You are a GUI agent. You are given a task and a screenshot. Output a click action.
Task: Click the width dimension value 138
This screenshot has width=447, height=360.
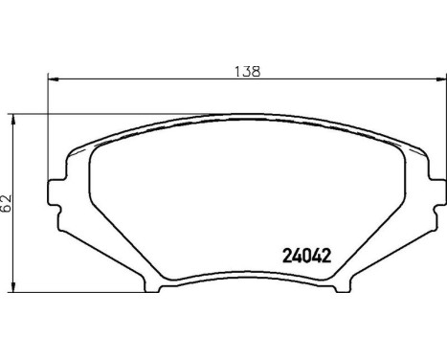tap(247, 71)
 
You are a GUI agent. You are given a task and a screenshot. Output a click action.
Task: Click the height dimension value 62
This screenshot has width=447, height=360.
tap(8, 200)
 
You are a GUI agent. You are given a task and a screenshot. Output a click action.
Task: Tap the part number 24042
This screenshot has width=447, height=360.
tap(309, 256)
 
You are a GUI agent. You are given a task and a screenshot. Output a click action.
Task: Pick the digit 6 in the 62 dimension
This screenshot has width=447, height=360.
tap(8, 206)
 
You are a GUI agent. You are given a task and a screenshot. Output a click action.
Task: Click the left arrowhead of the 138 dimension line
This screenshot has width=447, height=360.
tap(51, 79)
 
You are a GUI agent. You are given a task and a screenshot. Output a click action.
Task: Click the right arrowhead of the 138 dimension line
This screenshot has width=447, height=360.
tap(442, 79)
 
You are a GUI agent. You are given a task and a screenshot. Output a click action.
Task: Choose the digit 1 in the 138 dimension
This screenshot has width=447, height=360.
tap(235, 71)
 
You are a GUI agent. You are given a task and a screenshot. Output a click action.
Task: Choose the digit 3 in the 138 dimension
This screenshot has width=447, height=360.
tap(246, 71)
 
